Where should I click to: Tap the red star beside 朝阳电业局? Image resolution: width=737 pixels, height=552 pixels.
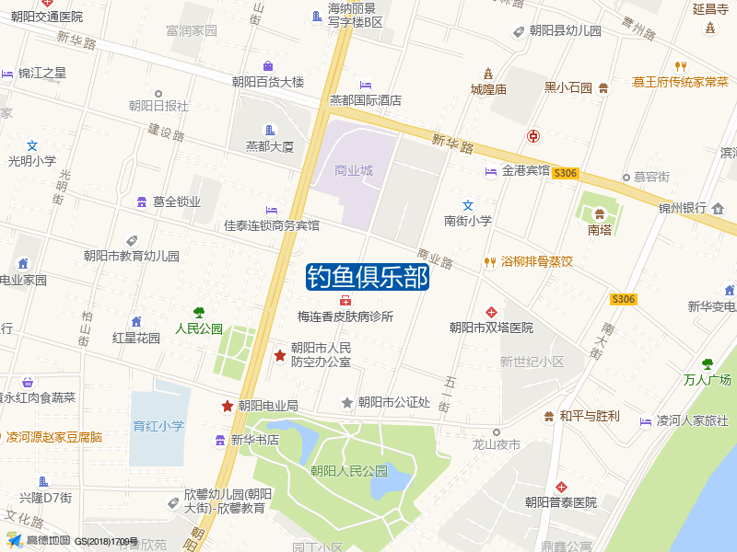click(x=227, y=406)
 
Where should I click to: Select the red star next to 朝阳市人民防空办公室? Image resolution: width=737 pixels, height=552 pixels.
click(x=280, y=355)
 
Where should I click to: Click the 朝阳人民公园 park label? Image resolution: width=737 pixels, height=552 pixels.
click(x=349, y=471)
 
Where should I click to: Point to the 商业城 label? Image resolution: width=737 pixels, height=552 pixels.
click(x=354, y=170)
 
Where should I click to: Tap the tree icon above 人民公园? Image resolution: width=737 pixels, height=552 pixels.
click(x=199, y=313)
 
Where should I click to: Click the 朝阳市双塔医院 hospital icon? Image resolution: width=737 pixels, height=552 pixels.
click(x=491, y=312)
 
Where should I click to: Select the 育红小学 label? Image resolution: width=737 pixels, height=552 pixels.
click(x=158, y=426)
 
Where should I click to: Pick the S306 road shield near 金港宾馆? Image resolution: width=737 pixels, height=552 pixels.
click(x=566, y=173)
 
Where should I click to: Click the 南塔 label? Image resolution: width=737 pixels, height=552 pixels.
click(x=600, y=230)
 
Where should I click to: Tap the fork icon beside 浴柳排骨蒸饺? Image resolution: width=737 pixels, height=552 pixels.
click(x=489, y=261)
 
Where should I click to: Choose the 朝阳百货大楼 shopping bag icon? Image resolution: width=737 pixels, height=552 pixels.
click(x=267, y=66)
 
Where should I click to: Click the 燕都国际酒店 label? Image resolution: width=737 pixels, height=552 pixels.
click(x=366, y=100)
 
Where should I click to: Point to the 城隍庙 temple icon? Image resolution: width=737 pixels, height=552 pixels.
click(x=488, y=74)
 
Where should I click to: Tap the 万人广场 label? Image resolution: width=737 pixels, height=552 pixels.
click(x=708, y=379)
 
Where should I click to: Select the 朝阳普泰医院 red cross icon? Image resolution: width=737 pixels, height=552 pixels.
click(x=561, y=487)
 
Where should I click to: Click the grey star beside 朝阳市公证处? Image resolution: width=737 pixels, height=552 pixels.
click(x=347, y=402)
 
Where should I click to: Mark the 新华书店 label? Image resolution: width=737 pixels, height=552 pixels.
click(x=255, y=440)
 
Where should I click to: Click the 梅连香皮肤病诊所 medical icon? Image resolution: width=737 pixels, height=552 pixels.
click(x=345, y=301)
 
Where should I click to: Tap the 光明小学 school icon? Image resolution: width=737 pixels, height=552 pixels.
click(x=32, y=145)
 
